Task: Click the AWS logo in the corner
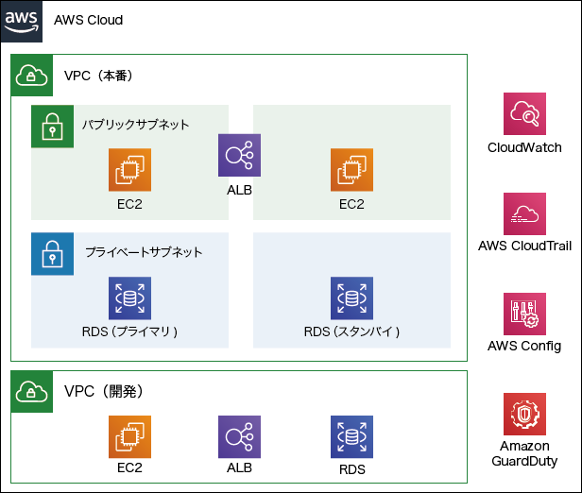tap(21, 20)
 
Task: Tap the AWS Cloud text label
tap(89, 20)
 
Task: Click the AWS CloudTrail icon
tap(525, 215)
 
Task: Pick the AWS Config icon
tap(525, 314)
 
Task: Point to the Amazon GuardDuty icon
tap(525, 414)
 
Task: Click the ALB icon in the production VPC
tap(240, 155)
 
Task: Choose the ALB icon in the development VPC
tap(240, 437)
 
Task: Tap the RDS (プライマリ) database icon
tap(129, 298)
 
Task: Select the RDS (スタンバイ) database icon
tap(351, 298)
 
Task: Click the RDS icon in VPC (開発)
tap(351, 437)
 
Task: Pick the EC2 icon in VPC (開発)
tap(129, 437)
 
